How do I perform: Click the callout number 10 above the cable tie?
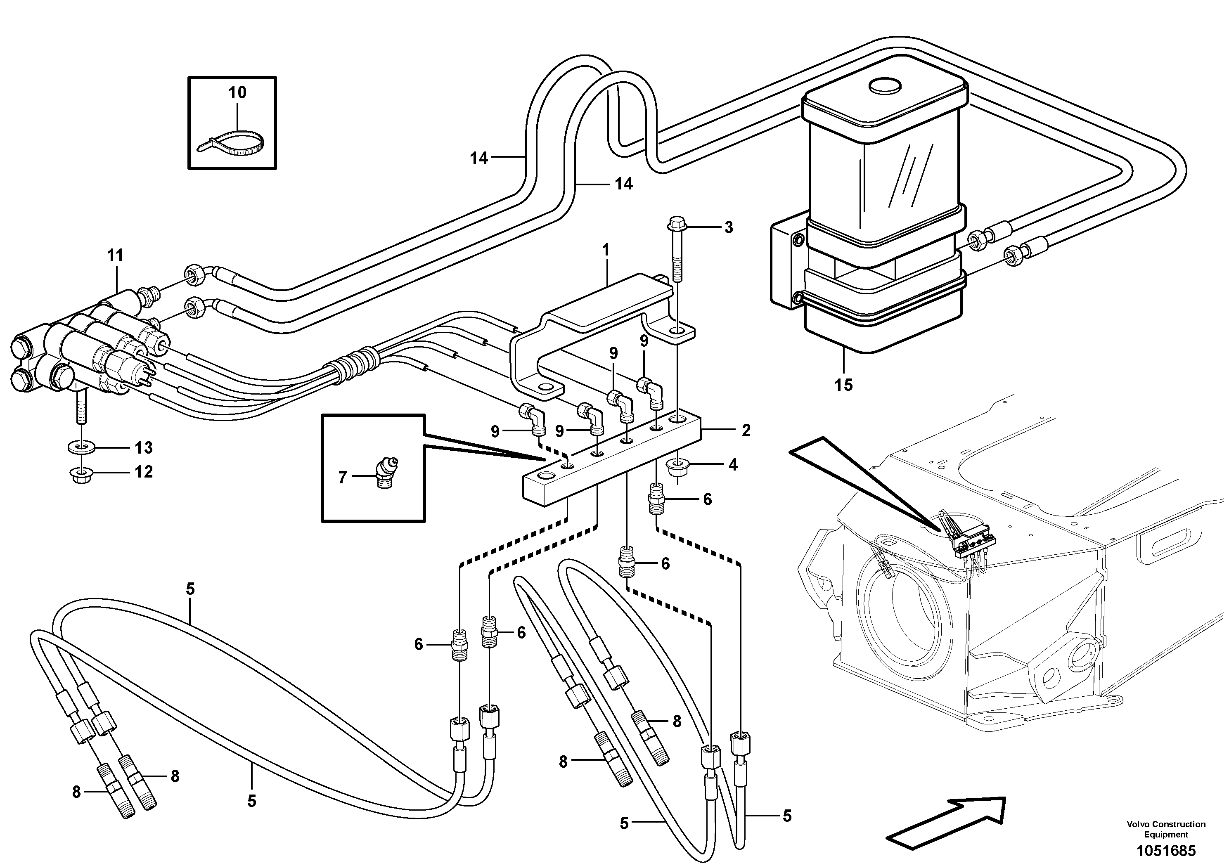coord(237,92)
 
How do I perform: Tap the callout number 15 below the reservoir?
coord(843,385)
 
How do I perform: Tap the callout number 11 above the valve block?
coord(115,256)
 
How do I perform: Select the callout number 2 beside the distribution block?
coord(746,430)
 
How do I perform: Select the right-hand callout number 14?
coord(623,184)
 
